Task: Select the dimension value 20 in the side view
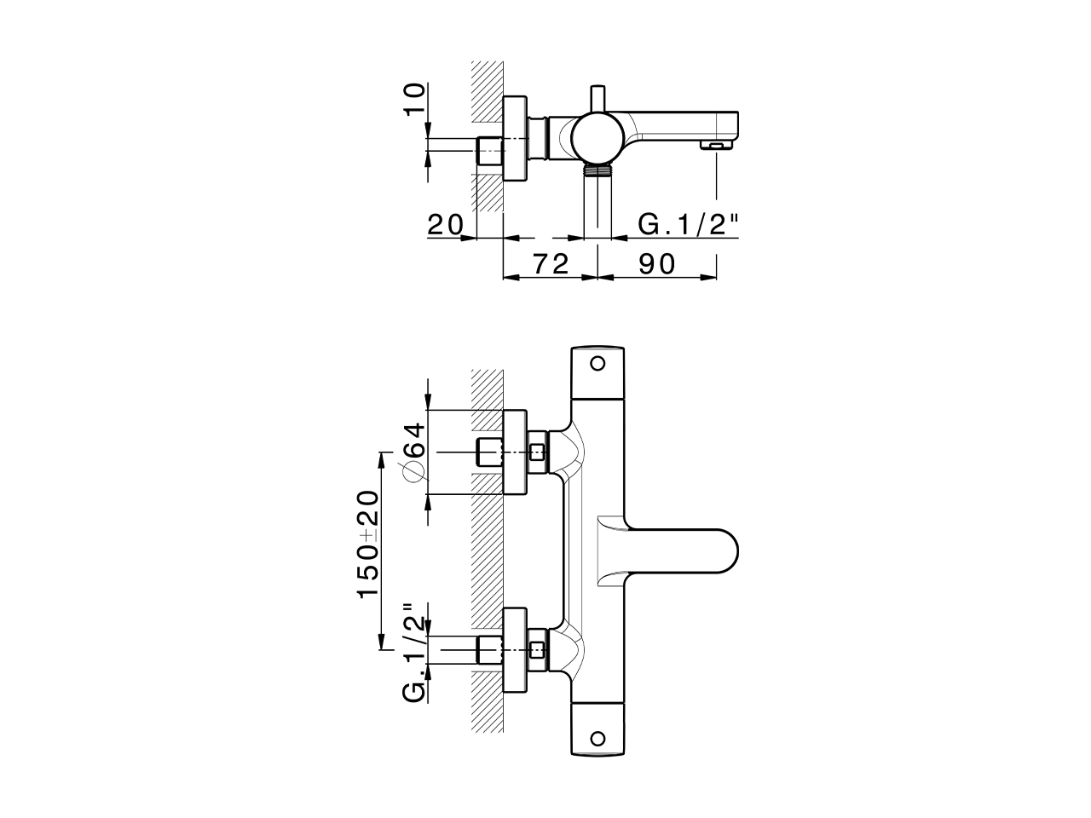[x=445, y=225]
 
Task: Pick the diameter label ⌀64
[x=413, y=452]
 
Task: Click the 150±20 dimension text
[x=368, y=544]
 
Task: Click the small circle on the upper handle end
[x=597, y=363]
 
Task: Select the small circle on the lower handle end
[x=597, y=737]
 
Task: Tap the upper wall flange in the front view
[x=516, y=452]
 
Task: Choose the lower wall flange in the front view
[x=516, y=651]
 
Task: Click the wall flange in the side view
[x=516, y=138]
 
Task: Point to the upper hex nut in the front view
[x=537, y=452]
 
